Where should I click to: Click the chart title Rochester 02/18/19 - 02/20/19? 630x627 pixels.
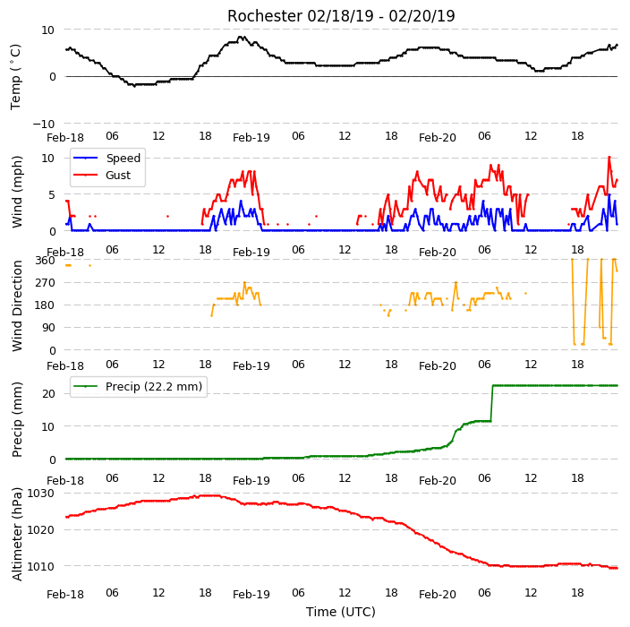[341, 16]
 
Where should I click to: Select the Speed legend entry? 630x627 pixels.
[106, 158]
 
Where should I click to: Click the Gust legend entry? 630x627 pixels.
[102, 175]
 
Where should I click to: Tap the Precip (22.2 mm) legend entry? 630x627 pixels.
[138, 386]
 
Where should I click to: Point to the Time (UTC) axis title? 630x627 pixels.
[341, 612]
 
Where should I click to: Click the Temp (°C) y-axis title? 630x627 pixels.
[15, 77]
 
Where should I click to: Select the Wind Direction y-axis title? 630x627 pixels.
[17, 306]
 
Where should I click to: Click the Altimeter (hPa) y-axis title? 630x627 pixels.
[17, 534]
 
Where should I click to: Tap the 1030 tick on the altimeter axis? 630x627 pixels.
[40, 494]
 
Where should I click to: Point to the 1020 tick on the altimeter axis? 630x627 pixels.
[40, 530]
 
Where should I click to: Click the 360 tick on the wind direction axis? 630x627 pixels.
[45, 261]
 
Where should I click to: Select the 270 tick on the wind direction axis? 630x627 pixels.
[45, 283]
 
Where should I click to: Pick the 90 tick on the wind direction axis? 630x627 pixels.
[48, 328]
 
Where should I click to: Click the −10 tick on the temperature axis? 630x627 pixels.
[44, 124]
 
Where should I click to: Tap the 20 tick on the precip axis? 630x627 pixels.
[48, 394]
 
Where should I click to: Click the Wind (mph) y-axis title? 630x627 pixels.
[17, 193]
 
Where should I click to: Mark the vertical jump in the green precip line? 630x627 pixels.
[492, 403]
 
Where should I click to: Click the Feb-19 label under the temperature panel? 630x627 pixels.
[251, 138]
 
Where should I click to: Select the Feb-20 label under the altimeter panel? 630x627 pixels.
[437, 595]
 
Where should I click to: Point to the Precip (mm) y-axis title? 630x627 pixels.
[17, 419]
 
